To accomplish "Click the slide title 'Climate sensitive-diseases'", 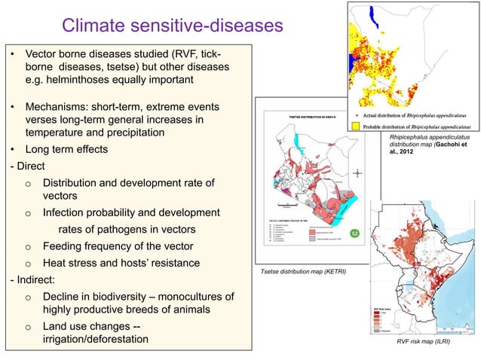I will coord(171,27).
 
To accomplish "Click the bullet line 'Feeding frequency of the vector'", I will coord(118,246).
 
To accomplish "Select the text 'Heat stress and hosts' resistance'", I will coord(121,263).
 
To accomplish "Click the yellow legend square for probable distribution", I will coord(356,127).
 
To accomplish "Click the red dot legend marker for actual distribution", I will coord(356,115).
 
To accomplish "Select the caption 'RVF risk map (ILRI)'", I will coord(425,341).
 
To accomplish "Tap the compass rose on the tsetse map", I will coord(356,172).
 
